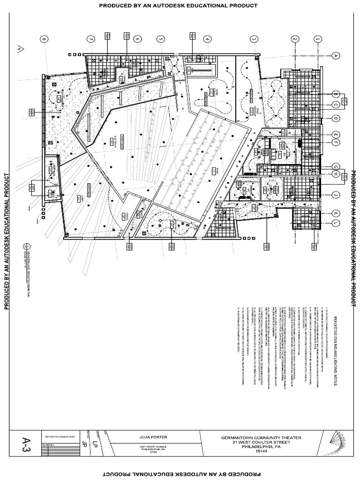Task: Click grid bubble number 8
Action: coord(45,40)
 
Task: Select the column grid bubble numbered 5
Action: coord(160,40)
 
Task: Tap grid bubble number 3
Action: coord(254,40)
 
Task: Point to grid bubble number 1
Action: coord(318,40)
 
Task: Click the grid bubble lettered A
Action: coord(336,55)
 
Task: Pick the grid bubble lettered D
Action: coord(336,118)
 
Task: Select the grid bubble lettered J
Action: coord(336,194)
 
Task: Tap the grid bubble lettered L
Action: coord(336,223)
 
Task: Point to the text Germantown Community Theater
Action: coord(262,438)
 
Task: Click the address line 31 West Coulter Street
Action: coord(262,442)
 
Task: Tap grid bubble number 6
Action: coord(137,40)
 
